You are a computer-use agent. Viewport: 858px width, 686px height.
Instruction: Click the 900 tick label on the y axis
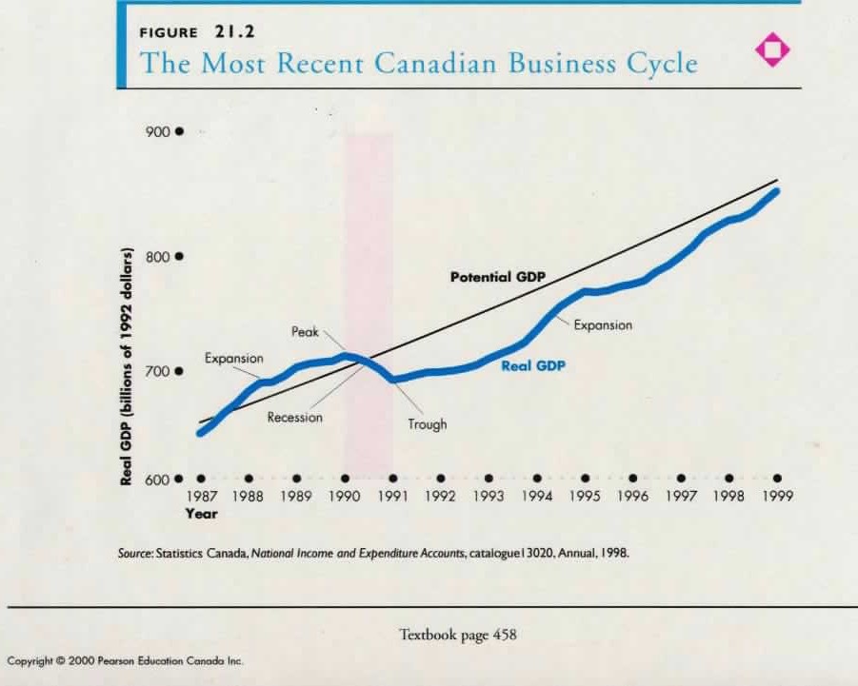coord(157,131)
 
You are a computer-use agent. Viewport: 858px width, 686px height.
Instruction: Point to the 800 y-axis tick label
coord(157,257)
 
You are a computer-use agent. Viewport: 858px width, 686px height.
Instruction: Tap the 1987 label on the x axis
coord(201,496)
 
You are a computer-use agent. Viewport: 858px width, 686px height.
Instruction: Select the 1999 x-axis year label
coord(778,496)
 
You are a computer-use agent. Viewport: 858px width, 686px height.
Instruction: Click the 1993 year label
coord(489,496)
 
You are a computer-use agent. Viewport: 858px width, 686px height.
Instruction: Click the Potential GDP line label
coord(497,278)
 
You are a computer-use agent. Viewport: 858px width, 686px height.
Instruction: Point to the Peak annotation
coord(305,332)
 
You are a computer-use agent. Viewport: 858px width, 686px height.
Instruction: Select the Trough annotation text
coord(427,424)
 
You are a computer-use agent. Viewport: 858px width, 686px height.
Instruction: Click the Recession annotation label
coord(294,417)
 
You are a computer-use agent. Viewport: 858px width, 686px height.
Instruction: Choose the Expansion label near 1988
coord(233,358)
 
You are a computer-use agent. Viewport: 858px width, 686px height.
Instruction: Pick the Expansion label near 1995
coord(602,324)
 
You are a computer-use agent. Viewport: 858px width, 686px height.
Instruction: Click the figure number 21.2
coord(233,31)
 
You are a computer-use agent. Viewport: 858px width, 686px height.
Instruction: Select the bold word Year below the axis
coord(201,514)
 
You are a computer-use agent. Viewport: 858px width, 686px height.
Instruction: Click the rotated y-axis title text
coord(126,365)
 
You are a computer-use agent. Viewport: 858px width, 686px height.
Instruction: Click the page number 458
coord(505,634)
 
